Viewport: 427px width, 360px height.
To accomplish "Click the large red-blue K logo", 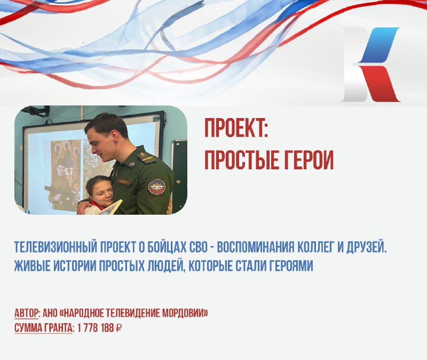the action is (x=371, y=65).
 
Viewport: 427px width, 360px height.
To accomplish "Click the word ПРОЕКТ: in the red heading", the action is (x=236, y=128).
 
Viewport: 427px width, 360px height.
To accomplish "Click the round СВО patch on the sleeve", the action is (x=156, y=187).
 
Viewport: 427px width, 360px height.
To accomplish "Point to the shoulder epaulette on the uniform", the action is (x=146, y=156).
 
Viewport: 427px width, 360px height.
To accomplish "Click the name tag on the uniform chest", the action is (x=124, y=182).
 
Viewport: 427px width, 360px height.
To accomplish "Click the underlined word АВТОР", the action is (x=26, y=314).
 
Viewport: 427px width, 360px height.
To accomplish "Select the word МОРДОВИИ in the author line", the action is (x=185, y=314).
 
